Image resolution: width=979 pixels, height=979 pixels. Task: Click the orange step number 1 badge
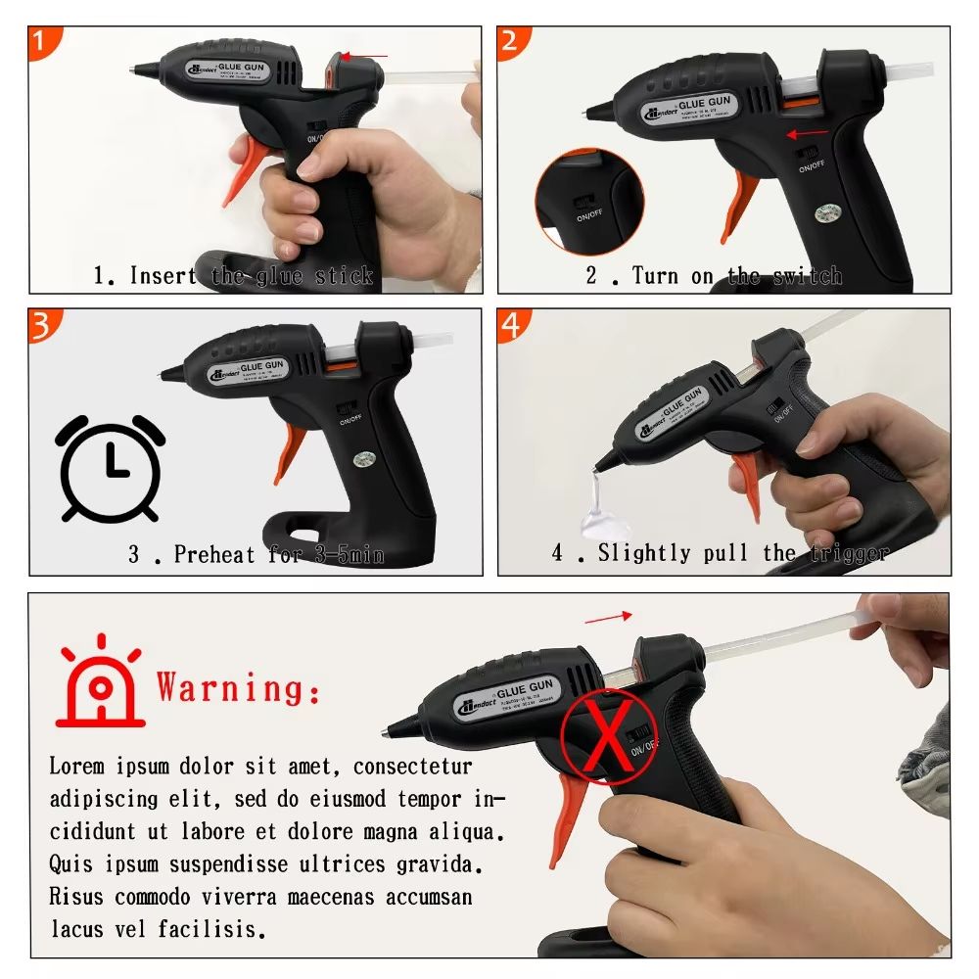coord(41,42)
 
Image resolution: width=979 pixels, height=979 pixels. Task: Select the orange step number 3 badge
coord(41,325)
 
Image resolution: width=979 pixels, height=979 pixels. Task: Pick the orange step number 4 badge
coord(511,325)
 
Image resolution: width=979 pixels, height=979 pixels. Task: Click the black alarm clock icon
coord(110,468)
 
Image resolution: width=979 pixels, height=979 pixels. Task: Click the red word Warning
coord(238,687)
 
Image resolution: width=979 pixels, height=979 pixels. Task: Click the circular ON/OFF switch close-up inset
coord(588,202)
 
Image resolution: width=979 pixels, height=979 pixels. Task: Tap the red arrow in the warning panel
coord(608,617)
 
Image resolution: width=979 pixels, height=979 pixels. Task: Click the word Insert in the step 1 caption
coord(163,276)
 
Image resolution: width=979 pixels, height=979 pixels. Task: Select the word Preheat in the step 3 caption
coord(216,555)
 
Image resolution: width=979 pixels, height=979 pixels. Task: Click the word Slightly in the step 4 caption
coord(644,553)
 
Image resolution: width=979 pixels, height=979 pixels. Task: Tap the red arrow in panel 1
coord(370,56)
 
